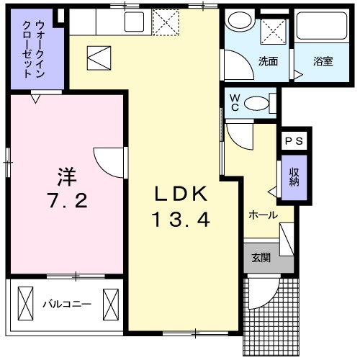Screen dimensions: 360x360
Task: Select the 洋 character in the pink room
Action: [x=68, y=176]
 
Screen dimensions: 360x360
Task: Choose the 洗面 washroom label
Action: [x=269, y=61]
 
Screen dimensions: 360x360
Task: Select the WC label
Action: [x=235, y=102]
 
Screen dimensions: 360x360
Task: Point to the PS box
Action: [x=293, y=141]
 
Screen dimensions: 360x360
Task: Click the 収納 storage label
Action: [x=294, y=176]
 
